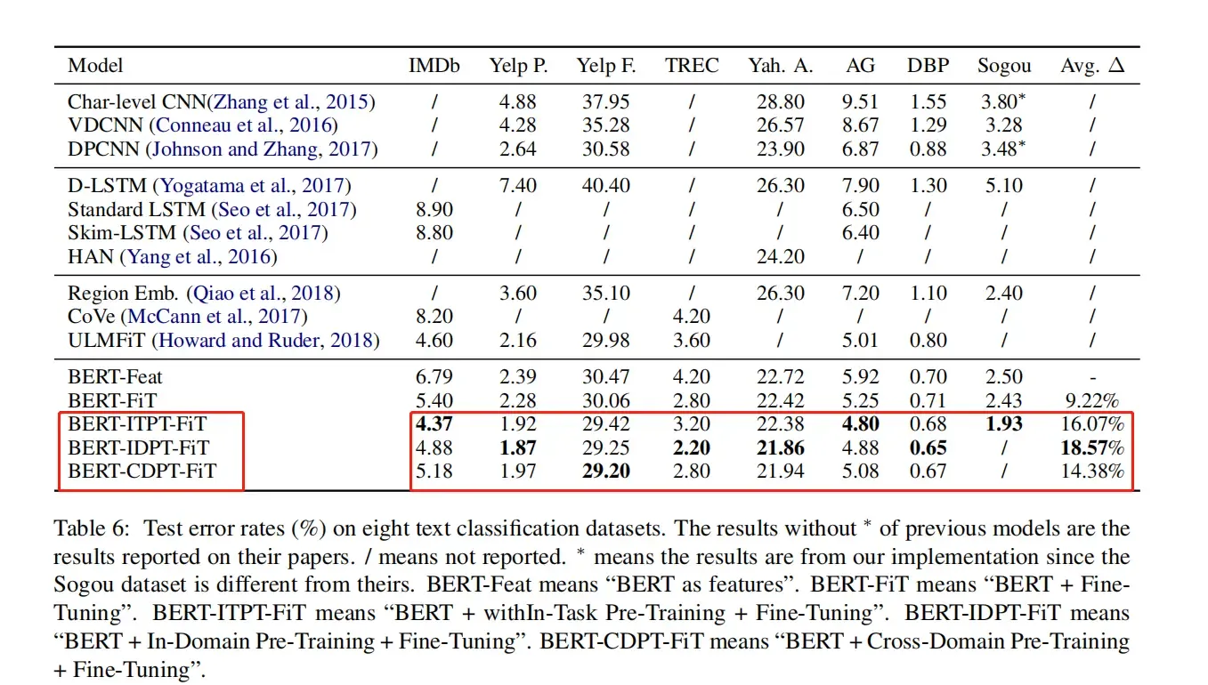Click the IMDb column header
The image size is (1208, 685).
[434, 66]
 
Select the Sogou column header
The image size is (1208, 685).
[1004, 66]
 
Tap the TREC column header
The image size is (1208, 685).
[691, 66]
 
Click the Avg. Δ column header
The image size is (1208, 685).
[1091, 66]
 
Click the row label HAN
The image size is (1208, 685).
[91, 257]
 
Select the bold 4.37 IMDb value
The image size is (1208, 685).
[434, 424]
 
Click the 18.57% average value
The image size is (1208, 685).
[1091, 447]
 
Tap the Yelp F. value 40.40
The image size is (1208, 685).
[605, 186]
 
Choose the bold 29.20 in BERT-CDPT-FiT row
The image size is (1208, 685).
[605, 471]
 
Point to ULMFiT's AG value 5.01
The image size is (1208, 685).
[861, 341]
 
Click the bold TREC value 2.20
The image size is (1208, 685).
[691, 447]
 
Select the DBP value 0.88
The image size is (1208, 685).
[928, 149]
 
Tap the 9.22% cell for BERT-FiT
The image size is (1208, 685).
[1091, 400]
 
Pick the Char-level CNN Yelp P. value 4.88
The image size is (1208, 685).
[518, 102]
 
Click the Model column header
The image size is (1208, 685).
[95, 66]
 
